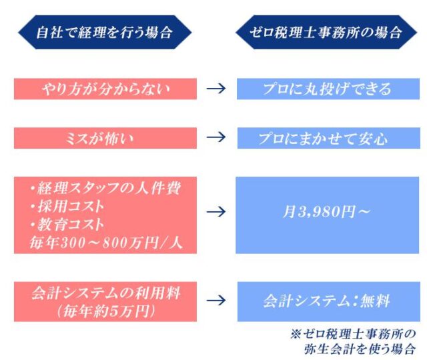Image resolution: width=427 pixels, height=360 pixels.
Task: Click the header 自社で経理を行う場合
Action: click(x=105, y=32)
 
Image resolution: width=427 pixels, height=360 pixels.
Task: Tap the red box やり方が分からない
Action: click(x=105, y=89)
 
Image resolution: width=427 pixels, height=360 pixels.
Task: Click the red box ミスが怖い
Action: click(x=105, y=139)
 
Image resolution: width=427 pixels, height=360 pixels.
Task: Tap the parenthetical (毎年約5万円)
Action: click(x=105, y=310)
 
